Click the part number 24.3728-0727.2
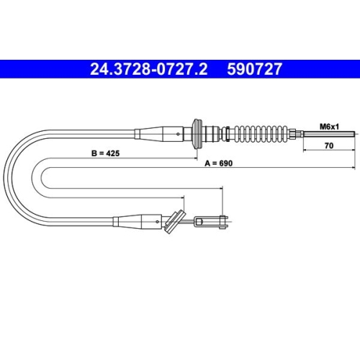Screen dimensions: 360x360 click(x=148, y=69)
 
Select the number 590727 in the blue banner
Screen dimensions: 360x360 click(x=255, y=69)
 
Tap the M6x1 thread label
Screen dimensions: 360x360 click(x=329, y=127)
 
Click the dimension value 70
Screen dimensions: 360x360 click(x=329, y=145)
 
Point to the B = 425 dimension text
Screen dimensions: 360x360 click(x=105, y=153)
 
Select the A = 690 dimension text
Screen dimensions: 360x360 click(x=218, y=163)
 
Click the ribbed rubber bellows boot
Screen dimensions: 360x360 click(x=261, y=134)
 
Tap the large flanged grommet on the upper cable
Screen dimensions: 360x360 click(x=197, y=134)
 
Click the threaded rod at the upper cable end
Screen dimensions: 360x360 click(x=329, y=134)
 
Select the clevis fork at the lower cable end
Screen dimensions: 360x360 click(x=211, y=222)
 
